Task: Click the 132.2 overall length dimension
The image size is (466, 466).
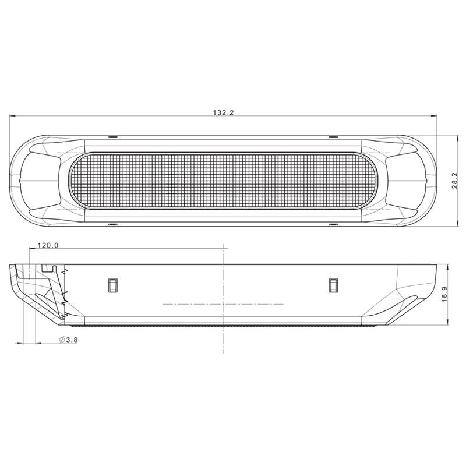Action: pyautogui.click(x=223, y=112)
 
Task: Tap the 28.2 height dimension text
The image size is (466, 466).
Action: pyautogui.click(x=455, y=181)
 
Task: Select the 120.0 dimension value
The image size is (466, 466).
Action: pyautogui.click(x=48, y=245)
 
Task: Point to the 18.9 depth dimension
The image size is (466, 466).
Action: pyautogui.click(x=444, y=295)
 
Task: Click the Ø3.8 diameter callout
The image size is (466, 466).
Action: pyautogui.click(x=68, y=340)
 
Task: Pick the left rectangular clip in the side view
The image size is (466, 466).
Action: pyautogui.click(x=112, y=285)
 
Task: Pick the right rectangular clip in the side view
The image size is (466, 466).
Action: pyautogui.click(x=333, y=285)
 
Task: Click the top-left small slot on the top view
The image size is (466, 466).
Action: pyautogui.click(x=113, y=137)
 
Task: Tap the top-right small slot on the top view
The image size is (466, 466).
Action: pyautogui.click(x=333, y=137)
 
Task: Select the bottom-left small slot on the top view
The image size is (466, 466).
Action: pyautogui.click(x=113, y=224)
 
